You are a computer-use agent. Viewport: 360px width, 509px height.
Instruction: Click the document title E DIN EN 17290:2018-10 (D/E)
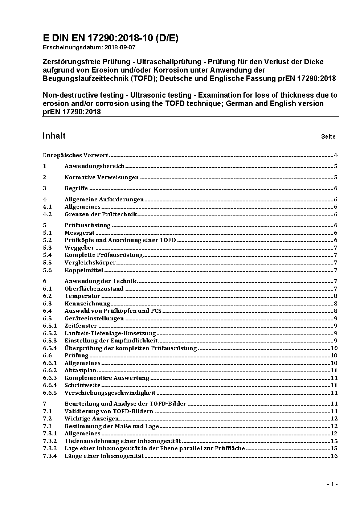point(110,38)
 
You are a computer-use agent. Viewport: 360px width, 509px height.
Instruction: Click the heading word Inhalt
point(54,136)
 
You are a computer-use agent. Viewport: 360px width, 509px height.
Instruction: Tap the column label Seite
point(328,137)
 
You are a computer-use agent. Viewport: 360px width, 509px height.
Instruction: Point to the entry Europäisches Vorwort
point(75,155)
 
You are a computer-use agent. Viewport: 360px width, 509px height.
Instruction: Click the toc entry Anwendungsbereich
point(94,166)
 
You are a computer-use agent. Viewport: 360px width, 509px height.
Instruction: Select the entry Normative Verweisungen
point(102,177)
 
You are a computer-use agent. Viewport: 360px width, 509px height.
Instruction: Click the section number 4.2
point(47,214)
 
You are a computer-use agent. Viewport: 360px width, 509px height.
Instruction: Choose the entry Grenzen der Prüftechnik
point(101,214)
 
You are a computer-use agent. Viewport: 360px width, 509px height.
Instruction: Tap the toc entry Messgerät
point(79,233)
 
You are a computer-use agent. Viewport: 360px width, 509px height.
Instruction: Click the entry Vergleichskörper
point(90,263)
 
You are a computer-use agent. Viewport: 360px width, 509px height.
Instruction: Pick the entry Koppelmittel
point(84,270)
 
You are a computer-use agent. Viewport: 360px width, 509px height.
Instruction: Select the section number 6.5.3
point(50,340)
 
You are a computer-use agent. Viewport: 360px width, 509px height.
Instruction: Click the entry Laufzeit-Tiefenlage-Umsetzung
point(110,333)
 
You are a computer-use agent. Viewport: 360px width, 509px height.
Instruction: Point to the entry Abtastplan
point(80,370)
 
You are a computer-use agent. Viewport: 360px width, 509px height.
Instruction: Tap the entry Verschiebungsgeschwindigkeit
point(110,393)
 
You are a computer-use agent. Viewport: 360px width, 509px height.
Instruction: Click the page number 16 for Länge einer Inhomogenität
point(334,456)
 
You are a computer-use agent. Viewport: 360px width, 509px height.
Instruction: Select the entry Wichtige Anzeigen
point(91,419)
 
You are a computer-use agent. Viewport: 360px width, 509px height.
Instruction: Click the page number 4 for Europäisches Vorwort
point(336,155)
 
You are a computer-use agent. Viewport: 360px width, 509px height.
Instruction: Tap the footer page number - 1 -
point(332,484)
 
